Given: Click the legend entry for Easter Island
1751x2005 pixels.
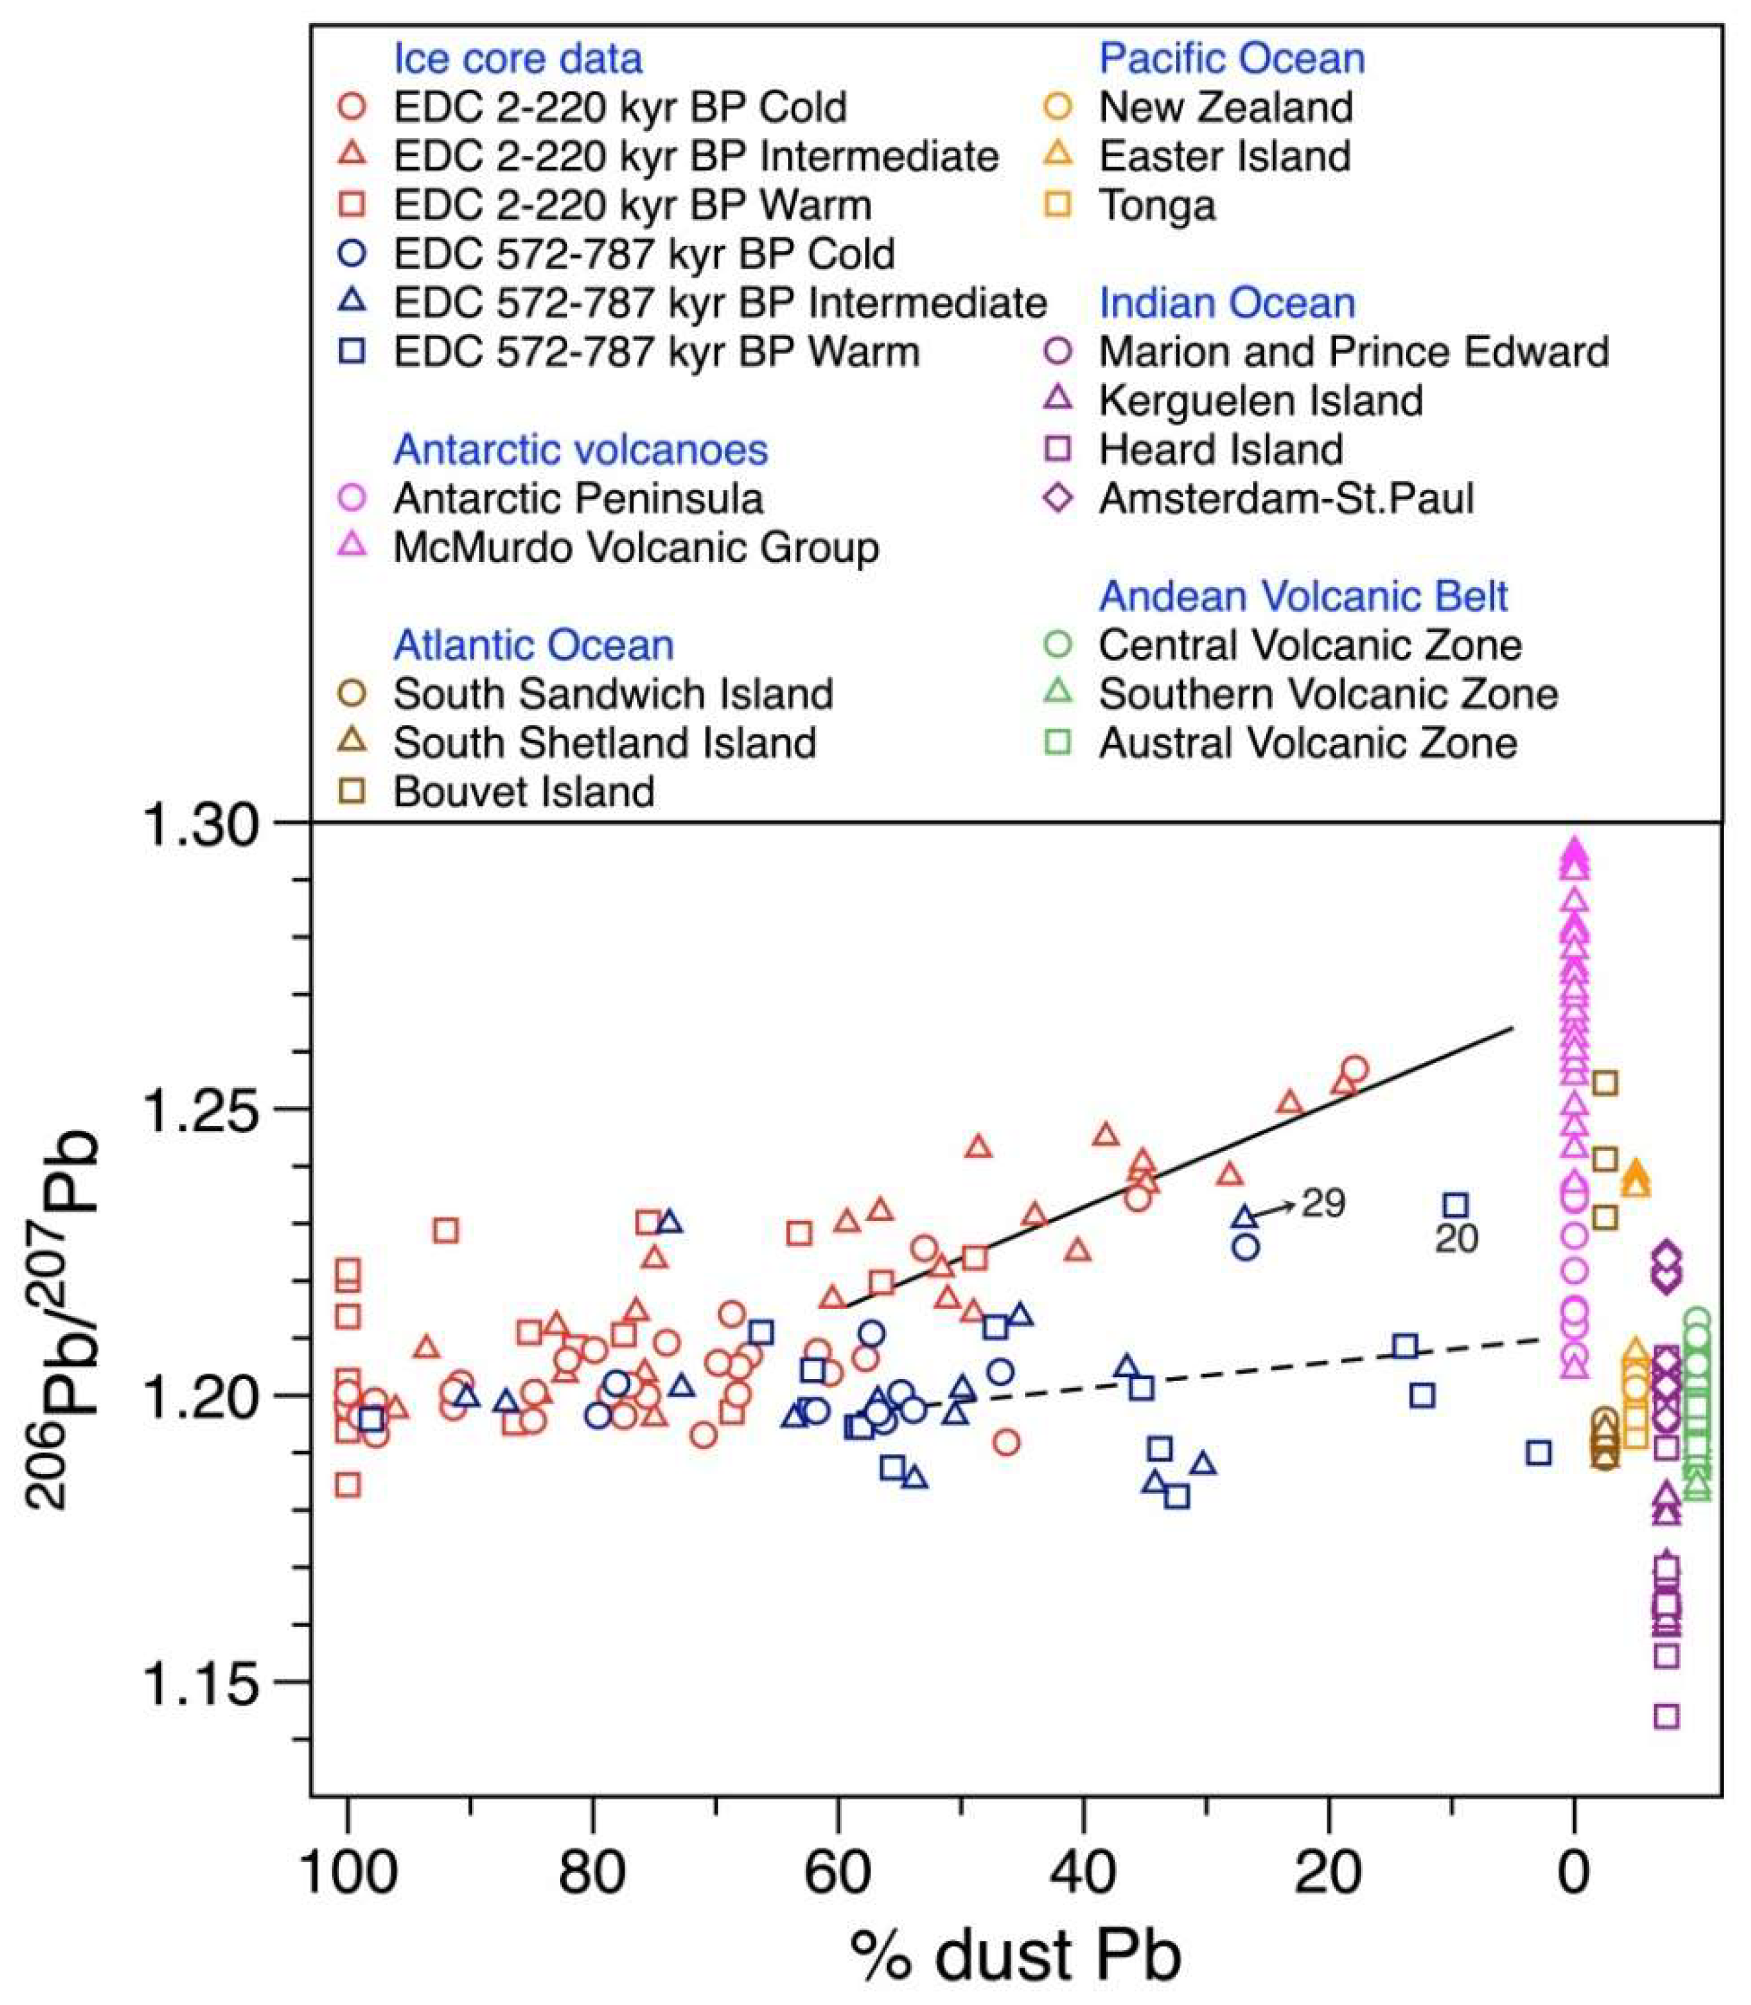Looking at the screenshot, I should [x=1224, y=156].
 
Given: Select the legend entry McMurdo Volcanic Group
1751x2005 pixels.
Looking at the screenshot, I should [x=635, y=548].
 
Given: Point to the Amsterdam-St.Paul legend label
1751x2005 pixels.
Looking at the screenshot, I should [x=1285, y=499].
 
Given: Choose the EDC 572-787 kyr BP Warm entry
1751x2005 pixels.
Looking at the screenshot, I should [x=656, y=352].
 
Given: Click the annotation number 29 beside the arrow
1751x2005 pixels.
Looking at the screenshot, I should [x=1323, y=1204].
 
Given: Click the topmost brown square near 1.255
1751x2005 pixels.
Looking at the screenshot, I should [x=1604, y=1083].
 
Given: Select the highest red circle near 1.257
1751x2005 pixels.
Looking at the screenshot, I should [x=1355, y=1069].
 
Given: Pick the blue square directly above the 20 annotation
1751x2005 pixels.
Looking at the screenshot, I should [x=1456, y=1206].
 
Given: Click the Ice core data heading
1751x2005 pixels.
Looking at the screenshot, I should [x=517, y=59].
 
